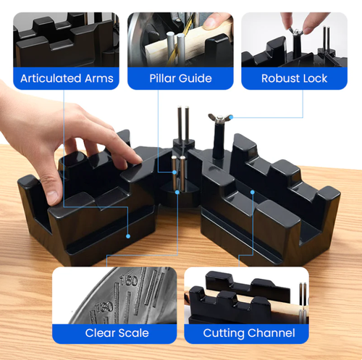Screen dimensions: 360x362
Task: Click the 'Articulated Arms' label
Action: (67, 78)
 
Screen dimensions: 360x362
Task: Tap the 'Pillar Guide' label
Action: (180, 78)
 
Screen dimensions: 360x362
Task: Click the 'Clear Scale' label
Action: (117, 333)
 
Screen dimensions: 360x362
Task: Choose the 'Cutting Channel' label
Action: (248, 333)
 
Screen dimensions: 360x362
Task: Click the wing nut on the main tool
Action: (215, 117)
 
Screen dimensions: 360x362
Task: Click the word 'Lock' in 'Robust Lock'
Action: (313, 78)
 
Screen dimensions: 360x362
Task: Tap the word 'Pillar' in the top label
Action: (166, 78)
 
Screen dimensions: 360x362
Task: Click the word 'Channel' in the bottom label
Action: (271, 333)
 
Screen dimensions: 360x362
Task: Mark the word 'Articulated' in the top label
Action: (50, 78)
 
